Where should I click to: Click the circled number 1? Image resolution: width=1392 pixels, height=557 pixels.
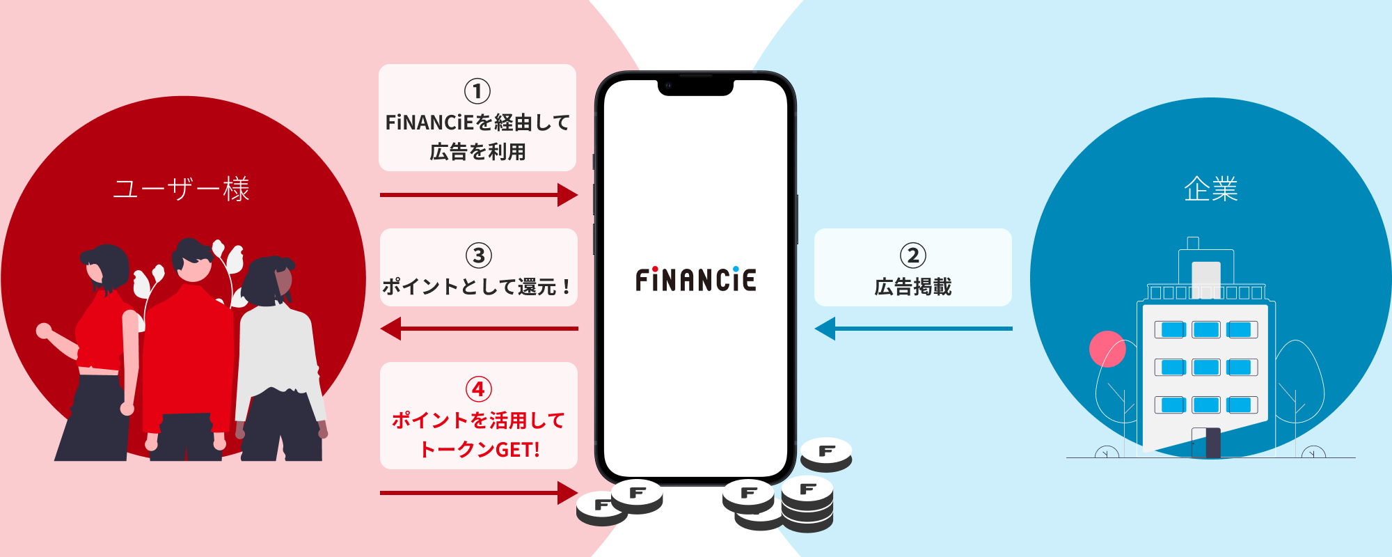[477, 91]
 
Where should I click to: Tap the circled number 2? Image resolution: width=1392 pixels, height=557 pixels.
[913, 256]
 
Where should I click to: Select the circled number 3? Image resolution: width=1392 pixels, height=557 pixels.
[479, 256]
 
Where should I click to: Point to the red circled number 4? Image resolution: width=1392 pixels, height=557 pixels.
[479, 389]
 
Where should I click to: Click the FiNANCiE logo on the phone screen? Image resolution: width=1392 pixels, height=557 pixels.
[695, 280]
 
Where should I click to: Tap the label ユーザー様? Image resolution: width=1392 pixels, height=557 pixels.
[182, 189]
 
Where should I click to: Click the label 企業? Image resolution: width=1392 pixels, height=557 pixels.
[1211, 189]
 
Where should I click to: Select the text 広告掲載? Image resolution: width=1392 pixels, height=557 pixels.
[913, 287]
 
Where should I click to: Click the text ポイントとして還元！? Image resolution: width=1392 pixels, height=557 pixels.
[477, 287]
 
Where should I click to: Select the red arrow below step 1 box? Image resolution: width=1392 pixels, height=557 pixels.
[479, 195]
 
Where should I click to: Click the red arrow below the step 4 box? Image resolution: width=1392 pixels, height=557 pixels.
[479, 493]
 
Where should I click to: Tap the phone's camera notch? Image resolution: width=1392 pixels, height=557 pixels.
[695, 86]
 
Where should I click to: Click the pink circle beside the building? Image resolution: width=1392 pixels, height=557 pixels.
[1107, 349]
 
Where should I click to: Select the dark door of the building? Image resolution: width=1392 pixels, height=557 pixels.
[1212, 442]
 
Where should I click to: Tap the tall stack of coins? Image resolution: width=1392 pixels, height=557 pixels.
[807, 505]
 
